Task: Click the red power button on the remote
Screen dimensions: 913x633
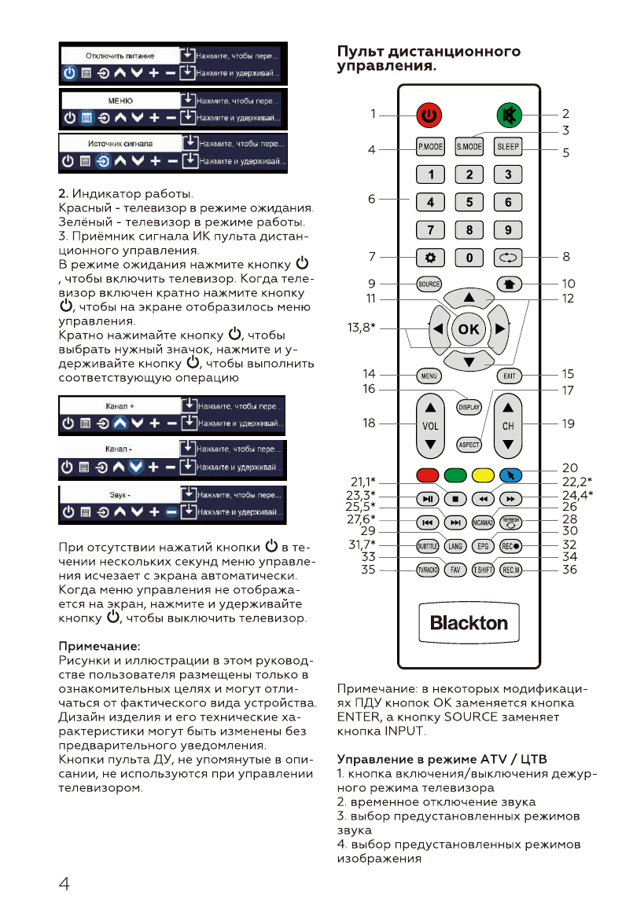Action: [429, 115]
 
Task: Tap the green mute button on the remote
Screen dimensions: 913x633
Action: [509, 115]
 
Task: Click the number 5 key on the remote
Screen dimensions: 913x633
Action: [469, 202]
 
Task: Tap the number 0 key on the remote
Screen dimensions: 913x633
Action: [469, 257]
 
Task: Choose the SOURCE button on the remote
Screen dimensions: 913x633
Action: [429, 284]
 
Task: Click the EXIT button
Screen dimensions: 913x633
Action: [509, 376]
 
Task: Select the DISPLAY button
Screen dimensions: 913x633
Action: [469, 407]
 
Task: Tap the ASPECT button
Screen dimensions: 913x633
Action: [469, 444]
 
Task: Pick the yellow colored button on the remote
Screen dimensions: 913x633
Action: [482, 475]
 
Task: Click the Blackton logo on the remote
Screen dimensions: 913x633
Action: [469, 623]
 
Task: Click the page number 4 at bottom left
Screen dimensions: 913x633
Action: [64, 883]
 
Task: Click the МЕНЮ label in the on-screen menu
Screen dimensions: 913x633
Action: [120, 101]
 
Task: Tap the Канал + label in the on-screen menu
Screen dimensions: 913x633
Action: [120, 406]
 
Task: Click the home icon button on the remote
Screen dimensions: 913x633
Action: [509, 284]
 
